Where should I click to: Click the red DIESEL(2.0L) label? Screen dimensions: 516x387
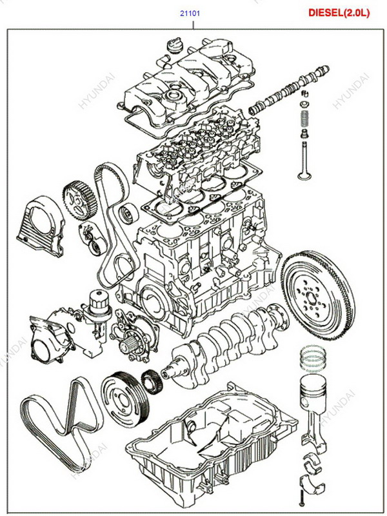(x=339, y=12)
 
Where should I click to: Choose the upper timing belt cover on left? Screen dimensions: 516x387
(x=40, y=226)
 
